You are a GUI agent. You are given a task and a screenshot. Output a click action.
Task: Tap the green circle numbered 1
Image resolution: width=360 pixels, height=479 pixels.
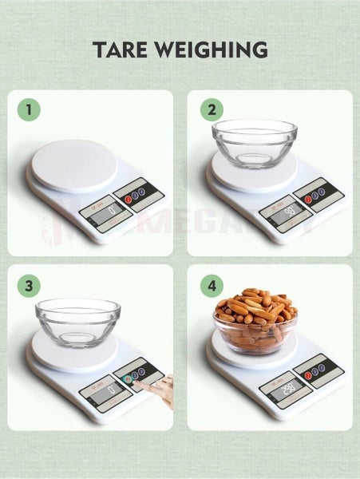tap(29, 110)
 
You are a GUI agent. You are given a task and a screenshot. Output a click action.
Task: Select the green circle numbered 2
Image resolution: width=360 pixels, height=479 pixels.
tap(212, 110)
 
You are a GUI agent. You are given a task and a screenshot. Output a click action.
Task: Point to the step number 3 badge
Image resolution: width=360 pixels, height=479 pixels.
tap(29, 286)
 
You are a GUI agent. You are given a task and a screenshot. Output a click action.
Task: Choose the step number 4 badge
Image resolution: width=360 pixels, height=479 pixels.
tap(212, 286)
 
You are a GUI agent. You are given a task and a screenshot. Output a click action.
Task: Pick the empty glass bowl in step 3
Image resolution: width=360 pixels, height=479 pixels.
tap(77, 321)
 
